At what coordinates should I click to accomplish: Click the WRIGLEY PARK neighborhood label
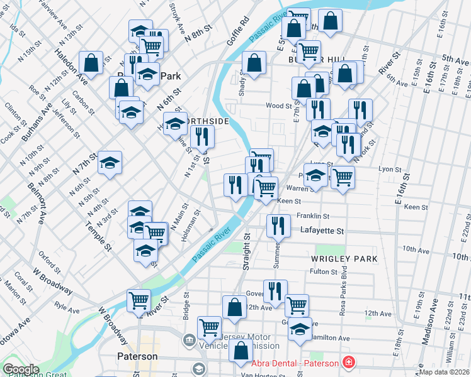pos(344,258)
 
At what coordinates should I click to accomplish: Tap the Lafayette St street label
pos(322,231)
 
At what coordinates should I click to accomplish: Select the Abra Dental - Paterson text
pos(293,363)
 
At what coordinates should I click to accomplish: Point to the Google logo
pos(21,369)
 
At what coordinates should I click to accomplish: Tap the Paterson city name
pos(137,356)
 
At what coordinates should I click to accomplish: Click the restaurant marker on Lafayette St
pos(278,225)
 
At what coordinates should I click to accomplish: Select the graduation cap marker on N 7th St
pos(110,162)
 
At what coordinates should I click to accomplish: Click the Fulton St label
pos(324,272)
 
